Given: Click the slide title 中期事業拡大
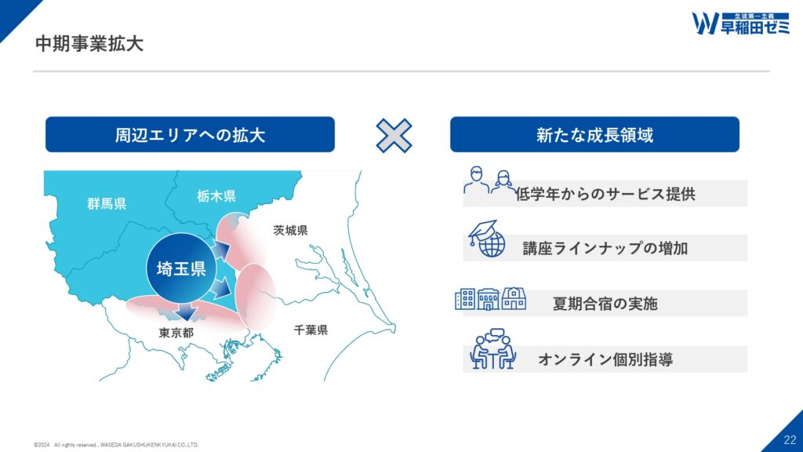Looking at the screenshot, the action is coord(89,44).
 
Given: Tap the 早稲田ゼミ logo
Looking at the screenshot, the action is coord(740,24).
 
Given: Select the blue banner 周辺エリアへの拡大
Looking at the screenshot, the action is coord(190,134).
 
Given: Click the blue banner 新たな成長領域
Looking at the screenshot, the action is coord(594,134).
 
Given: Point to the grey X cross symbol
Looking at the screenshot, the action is coord(394,136).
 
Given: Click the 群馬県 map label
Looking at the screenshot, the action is coord(107,204).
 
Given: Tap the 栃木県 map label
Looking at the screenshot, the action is coord(216,195).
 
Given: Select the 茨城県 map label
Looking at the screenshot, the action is coord(290,231).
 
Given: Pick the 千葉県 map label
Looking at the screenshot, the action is coord(311,330).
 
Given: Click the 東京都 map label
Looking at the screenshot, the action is coord(176,333).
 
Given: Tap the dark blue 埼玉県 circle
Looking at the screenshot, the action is coord(181,268).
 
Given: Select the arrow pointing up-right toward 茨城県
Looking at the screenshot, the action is coord(220,250).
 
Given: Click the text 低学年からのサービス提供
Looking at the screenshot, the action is coord(605,195).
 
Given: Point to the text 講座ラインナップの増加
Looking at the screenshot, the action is coord(605,249).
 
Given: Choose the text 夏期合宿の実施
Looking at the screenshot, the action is coord(605,304).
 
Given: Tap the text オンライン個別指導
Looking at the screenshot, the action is coord(605,359).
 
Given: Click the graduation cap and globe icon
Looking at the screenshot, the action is coord(487,239).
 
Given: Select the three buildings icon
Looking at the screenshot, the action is coord(491,299).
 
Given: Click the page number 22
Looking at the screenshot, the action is coord(790,439).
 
